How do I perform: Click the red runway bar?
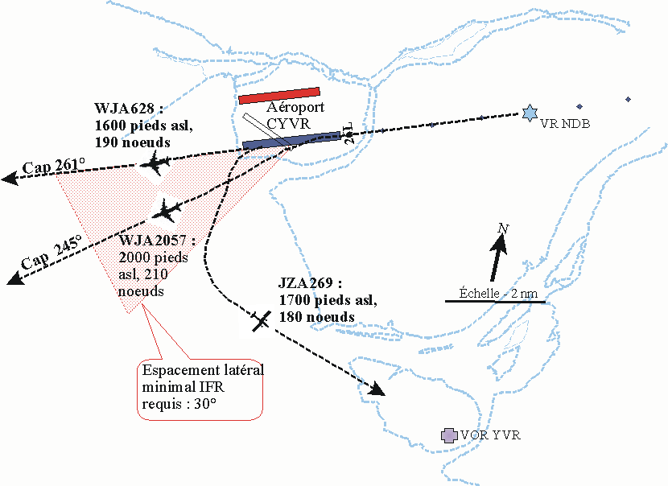coord(279,96)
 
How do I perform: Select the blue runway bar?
coord(291,140)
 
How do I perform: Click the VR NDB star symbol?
coord(529,113)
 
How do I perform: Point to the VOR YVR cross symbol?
coord(449,435)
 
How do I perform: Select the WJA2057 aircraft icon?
coord(167,210)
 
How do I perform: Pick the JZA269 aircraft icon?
coord(259,319)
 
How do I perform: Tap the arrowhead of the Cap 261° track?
coord(10,179)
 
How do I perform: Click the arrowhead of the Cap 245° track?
coord(12,279)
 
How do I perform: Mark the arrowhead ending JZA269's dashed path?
coord(377,390)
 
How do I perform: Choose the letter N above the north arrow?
coord(503,229)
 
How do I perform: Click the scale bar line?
coord(495,302)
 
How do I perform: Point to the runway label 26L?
coord(348,134)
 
